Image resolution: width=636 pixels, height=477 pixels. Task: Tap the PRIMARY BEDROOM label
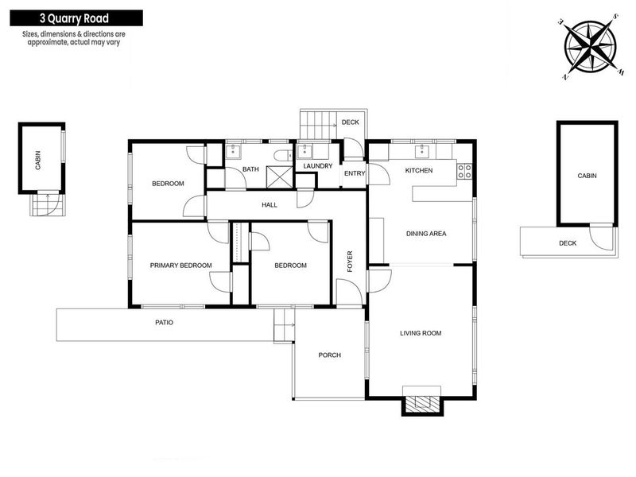tap(181, 266)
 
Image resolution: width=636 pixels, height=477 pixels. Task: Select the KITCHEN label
tap(419, 171)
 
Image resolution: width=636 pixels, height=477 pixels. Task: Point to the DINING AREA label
tap(426, 234)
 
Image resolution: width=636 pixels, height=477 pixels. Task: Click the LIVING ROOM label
tap(421, 333)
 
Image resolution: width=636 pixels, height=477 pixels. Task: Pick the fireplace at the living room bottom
tap(421, 402)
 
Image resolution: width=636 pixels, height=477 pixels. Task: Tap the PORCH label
tap(329, 355)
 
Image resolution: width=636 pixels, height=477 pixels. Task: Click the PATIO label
tap(164, 323)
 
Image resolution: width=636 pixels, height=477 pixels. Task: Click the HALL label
tap(269, 205)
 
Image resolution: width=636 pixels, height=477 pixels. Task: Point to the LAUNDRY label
tap(317, 166)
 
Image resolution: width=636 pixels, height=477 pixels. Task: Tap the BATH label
tap(250, 169)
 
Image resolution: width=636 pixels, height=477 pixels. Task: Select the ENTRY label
tap(353, 174)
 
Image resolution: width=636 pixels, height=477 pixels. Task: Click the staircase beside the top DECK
tap(316, 124)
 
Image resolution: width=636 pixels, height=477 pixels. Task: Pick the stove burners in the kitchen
tap(466, 169)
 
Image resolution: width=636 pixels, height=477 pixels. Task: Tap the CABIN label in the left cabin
tap(37, 162)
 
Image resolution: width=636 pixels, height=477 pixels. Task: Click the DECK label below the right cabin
tap(567, 243)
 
